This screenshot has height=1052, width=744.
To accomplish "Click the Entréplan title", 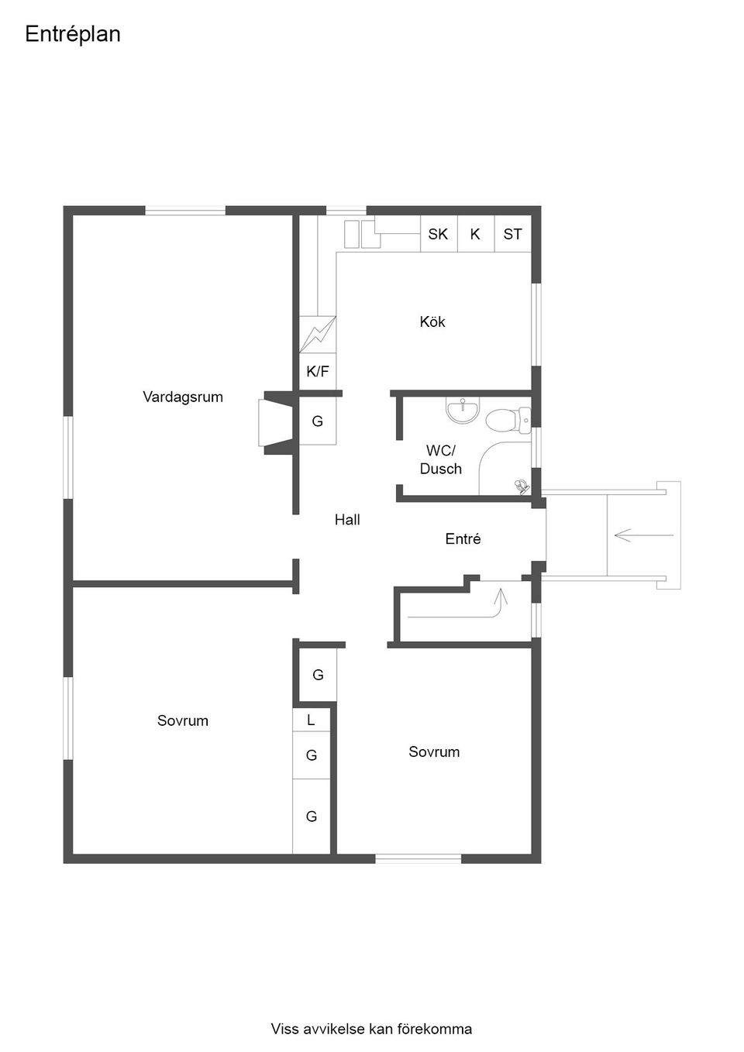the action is click(73, 34).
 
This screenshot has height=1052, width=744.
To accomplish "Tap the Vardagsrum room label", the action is click(183, 397).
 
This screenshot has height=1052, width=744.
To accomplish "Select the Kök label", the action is click(432, 321).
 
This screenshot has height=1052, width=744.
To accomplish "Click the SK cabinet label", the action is click(438, 234).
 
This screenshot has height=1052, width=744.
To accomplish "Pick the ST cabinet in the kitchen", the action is click(512, 234).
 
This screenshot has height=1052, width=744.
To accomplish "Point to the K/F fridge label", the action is click(318, 372).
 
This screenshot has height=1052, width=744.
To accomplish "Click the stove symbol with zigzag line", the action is click(318, 335).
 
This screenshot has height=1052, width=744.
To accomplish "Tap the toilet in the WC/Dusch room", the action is click(508, 420).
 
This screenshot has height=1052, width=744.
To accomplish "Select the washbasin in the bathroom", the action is click(463, 411).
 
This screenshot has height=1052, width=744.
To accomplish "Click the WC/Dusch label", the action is click(440, 460).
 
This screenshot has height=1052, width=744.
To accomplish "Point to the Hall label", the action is click(347, 520).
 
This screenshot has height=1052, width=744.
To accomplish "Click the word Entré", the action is click(463, 538).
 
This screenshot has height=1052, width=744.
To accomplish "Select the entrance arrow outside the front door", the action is click(644, 535).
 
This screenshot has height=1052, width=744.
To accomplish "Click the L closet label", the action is click(311, 720).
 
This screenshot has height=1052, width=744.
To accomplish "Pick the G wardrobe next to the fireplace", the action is click(318, 421).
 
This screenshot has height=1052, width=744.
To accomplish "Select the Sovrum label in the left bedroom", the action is click(183, 720).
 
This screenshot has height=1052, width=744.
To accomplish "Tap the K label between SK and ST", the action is click(475, 234).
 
